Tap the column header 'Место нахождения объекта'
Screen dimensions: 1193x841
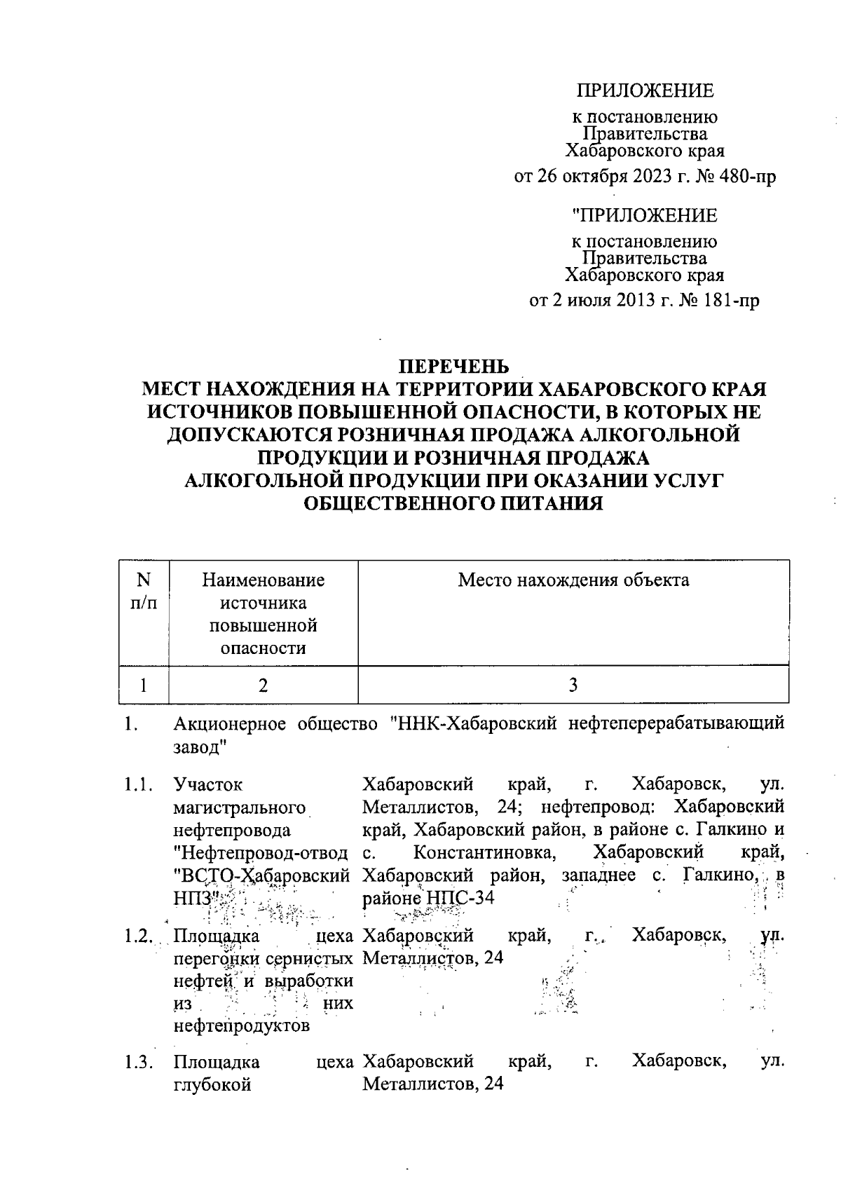click(x=573, y=580)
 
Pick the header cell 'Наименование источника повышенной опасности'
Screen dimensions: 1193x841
click(x=263, y=613)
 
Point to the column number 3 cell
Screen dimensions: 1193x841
click(x=573, y=685)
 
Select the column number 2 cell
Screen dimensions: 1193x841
click(x=263, y=685)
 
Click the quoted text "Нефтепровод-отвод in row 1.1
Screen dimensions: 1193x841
click(x=261, y=853)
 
